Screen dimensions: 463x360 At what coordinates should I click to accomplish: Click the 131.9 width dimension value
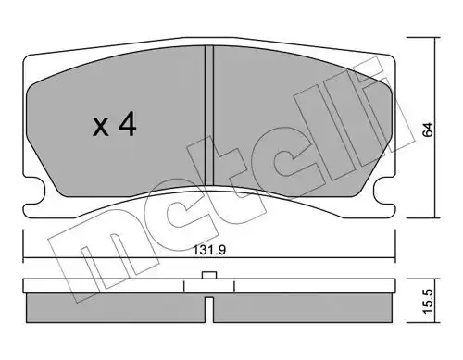point(209,250)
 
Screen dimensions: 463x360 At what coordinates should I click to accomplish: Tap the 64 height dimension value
point(428,130)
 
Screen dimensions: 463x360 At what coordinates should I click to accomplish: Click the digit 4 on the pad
point(128,124)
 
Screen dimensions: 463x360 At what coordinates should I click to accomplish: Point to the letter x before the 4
point(101,128)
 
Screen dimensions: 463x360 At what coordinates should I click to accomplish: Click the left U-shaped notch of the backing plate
point(34,191)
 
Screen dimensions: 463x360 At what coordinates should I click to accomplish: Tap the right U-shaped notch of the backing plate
point(383,191)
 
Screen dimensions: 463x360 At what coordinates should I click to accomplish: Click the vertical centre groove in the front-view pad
point(209,116)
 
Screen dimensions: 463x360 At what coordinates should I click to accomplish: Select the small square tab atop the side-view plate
point(209,275)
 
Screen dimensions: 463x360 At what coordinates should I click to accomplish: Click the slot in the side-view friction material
point(209,309)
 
